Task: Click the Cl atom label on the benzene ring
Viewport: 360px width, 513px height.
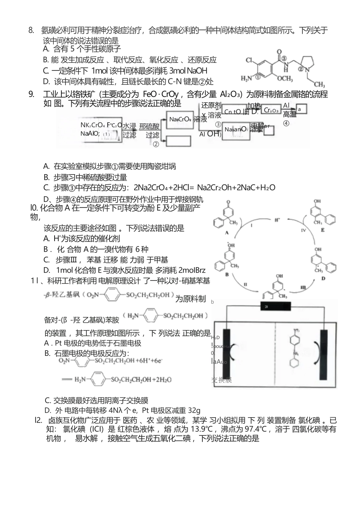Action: click(x=249, y=61)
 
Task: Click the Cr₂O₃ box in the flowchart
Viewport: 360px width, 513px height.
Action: click(x=271, y=110)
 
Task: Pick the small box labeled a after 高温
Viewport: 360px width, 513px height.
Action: click(x=301, y=109)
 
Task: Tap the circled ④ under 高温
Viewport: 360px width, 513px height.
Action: click(x=286, y=123)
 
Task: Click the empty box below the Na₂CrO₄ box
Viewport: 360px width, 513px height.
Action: click(x=178, y=140)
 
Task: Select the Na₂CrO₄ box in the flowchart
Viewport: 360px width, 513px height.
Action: click(x=180, y=119)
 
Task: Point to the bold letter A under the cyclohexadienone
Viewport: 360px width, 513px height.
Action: click(x=227, y=232)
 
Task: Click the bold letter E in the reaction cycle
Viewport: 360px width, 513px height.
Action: click(x=323, y=229)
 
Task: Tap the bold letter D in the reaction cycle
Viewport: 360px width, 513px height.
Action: click(x=323, y=278)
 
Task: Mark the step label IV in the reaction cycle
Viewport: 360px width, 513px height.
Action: click(x=303, y=230)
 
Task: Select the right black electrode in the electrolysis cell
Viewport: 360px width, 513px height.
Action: click(x=324, y=354)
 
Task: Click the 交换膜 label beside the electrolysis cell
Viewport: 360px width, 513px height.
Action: click(x=221, y=380)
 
